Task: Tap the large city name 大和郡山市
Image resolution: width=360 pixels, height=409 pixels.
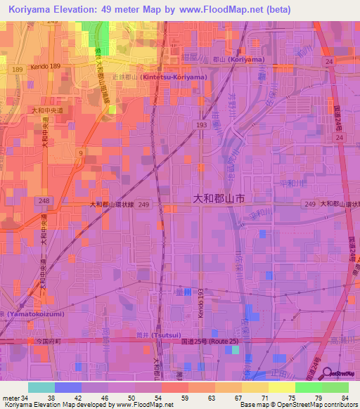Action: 219,199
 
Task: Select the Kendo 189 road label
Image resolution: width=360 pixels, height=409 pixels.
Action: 46,67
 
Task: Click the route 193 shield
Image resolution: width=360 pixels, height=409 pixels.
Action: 200,124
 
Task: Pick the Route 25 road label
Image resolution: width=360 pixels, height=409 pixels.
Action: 226,341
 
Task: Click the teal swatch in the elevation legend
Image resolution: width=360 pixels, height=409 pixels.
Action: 41,387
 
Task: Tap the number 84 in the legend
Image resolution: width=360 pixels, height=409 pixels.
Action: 345,398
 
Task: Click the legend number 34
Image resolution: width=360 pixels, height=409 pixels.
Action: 25,398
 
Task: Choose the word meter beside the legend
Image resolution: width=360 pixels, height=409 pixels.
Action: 11,398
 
